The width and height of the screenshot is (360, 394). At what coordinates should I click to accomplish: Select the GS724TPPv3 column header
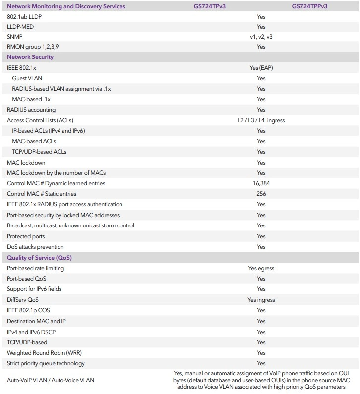point(310,6)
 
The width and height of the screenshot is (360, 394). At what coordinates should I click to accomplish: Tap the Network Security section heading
point(30,57)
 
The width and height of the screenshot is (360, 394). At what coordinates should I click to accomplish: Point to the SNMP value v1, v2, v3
point(261,36)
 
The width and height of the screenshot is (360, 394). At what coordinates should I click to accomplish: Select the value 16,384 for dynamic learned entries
point(261,183)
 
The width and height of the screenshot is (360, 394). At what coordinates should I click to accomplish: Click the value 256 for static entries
point(261,194)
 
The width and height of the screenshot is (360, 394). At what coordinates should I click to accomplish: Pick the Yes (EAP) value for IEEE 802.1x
point(261,68)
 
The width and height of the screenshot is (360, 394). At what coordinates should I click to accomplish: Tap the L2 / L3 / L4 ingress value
point(261,120)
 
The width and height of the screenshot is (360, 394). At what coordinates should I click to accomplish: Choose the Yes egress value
point(261,268)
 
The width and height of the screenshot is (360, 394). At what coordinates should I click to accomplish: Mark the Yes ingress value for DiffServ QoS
point(261,300)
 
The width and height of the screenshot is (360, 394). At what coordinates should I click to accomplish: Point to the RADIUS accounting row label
point(31,110)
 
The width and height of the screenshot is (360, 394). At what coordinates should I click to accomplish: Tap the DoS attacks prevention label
point(35,247)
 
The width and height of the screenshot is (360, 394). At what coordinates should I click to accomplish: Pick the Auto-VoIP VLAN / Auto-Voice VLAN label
point(51,380)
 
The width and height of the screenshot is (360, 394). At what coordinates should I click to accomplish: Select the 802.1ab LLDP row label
point(25,17)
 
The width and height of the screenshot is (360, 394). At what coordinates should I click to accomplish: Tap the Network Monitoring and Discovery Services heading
point(66,6)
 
